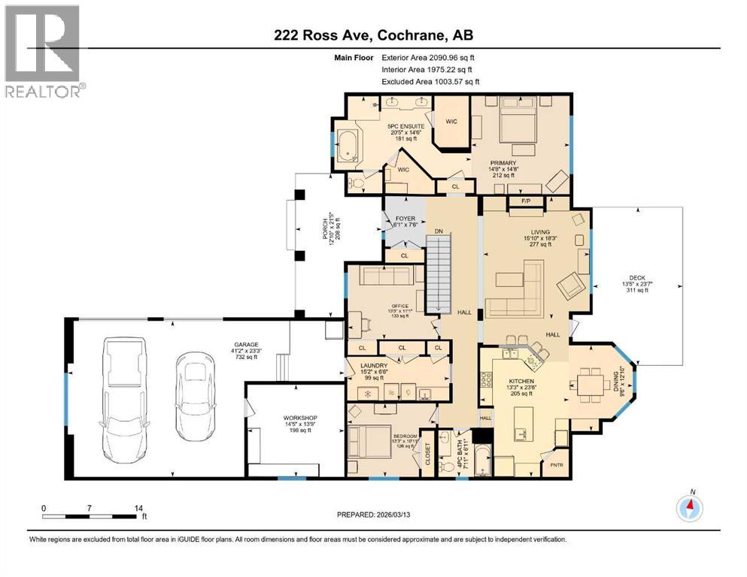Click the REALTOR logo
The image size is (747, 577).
[43, 51]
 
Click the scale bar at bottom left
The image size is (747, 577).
[90, 516]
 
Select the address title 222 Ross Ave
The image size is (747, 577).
[373, 35]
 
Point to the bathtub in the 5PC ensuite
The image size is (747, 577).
[350, 147]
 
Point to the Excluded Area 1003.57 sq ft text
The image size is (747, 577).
[430, 82]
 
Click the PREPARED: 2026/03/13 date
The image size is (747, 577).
[373, 515]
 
